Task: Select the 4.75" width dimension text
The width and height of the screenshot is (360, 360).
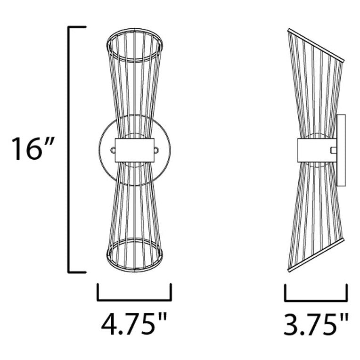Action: point(134,325)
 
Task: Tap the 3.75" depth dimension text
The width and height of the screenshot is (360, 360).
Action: point(316,325)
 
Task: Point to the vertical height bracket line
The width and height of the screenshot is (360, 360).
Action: point(69,149)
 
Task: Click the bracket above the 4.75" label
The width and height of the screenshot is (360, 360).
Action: point(134,299)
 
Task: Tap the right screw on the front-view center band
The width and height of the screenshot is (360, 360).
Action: point(157,150)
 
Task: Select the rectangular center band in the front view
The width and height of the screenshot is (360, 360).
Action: point(135,150)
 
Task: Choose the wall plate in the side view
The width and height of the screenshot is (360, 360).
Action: point(341,149)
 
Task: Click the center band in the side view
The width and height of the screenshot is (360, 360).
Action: point(317,150)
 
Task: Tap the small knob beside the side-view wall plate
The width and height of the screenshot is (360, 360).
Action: point(334,150)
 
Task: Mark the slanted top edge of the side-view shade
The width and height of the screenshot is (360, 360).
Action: point(316,45)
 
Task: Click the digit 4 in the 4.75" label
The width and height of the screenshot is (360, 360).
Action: point(109,325)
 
